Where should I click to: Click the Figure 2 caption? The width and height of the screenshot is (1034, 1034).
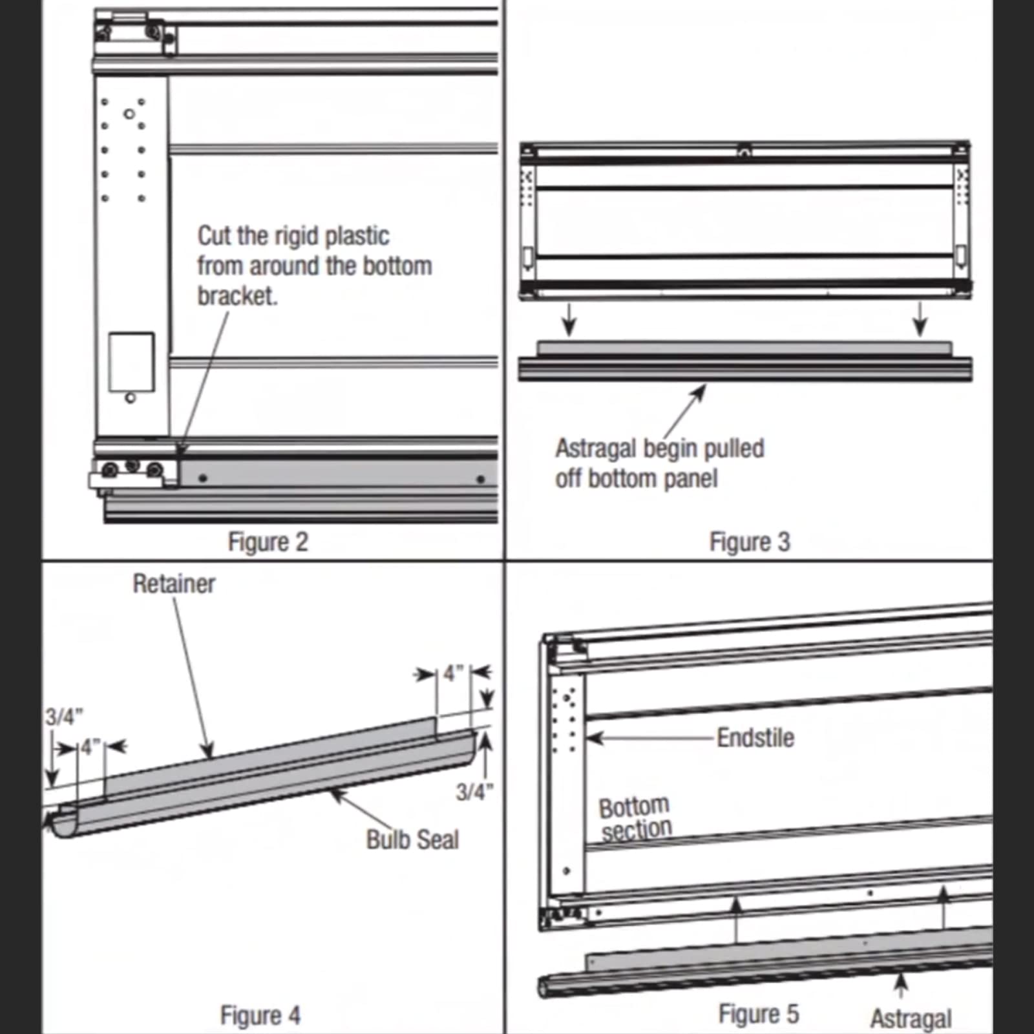pos(268,542)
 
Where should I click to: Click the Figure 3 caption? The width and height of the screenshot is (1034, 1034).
pos(749,542)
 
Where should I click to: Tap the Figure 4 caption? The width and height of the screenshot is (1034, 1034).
pos(260,1015)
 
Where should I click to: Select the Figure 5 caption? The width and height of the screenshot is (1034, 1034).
pos(758,1014)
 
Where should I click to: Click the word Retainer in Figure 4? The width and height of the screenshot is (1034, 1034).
pos(174,584)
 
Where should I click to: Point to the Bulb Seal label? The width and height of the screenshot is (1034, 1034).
pos(412,839)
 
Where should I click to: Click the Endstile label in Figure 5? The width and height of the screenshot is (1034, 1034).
pos(755,737)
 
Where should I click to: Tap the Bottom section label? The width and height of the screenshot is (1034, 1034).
pos(635,818)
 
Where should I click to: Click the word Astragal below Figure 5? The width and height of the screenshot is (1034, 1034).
pos(911,1018)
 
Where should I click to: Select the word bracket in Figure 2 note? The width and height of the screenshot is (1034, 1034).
pos(237,296)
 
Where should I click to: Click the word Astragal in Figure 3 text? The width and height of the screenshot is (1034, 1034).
pos(595,448)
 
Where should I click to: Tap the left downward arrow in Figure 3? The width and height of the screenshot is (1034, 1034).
pos(569,321)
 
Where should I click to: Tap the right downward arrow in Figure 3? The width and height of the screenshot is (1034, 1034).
pos(920,321)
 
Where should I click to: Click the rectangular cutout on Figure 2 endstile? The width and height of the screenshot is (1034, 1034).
pos(131,362)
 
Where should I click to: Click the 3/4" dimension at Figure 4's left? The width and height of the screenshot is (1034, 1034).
pos(63,716)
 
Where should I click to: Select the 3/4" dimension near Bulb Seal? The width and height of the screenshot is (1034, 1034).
pos(474,792)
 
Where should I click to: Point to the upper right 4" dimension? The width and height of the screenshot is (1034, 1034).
pos(454,673)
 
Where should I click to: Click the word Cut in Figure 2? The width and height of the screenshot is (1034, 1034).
pos(214,236)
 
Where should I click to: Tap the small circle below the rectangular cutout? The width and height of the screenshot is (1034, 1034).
pos(131,398)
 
